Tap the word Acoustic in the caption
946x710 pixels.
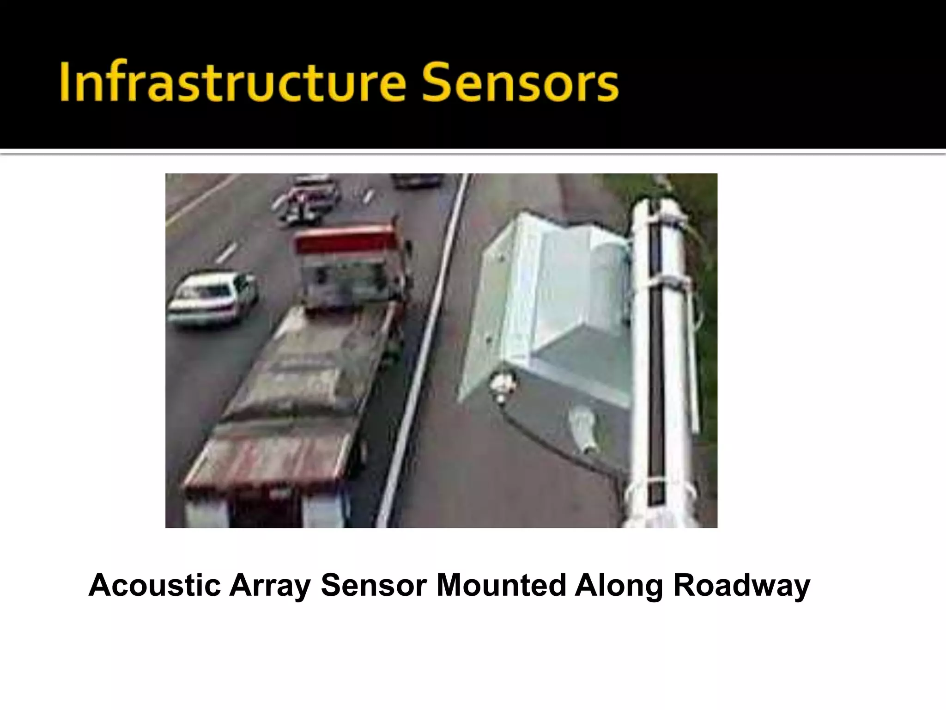click(154, 586)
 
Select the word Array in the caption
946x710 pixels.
click(269, 586)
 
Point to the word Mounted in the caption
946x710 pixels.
click(501, 586)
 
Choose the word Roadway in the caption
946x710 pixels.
click(741, 586)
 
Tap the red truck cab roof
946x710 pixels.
click(344, 240)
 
